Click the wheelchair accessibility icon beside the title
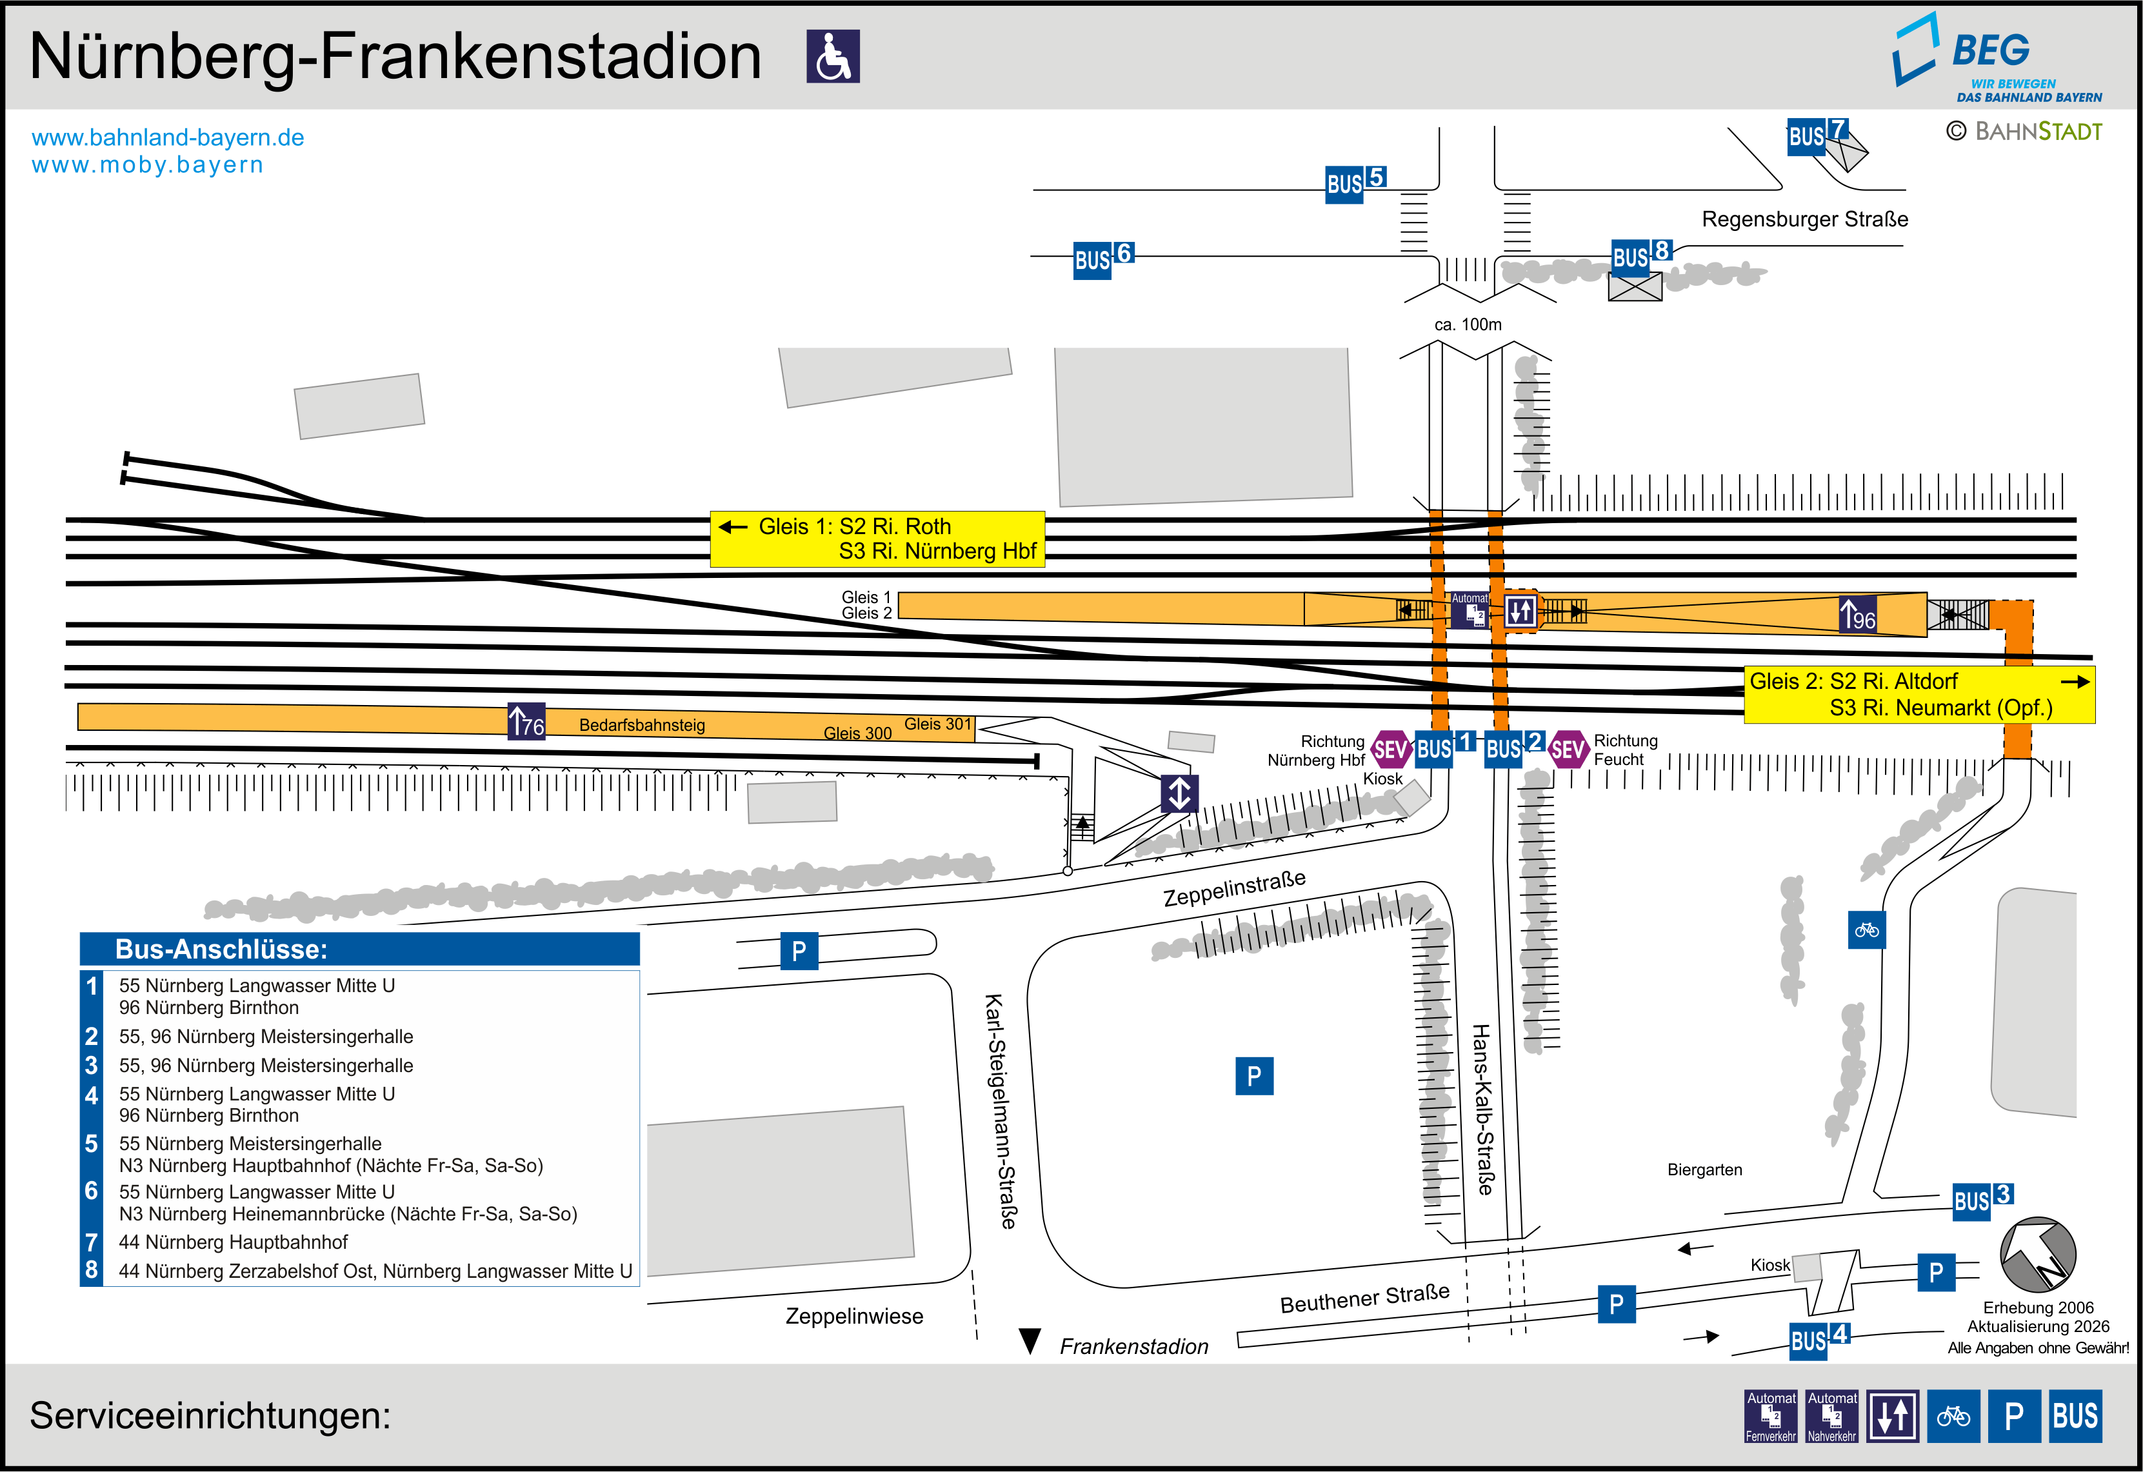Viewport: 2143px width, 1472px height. pos(833,56)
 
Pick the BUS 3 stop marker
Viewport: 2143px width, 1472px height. pos(1982,1200)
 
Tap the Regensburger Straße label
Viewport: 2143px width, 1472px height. pos(1804,219)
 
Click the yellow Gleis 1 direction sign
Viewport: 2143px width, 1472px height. pos(877,539)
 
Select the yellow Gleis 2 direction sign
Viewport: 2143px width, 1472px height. pos(1919,695)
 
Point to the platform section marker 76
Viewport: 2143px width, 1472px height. pos(526,721)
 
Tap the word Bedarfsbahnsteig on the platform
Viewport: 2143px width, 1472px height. pos(642,725)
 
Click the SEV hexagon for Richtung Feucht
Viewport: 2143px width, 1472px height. pos(1568,749)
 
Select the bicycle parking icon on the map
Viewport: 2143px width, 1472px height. pos(1866,930)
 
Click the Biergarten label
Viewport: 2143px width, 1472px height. pos(1704,1169)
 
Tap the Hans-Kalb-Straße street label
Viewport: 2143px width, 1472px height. pos(1483,1109)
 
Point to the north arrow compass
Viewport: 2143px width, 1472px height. pos(2038,1255)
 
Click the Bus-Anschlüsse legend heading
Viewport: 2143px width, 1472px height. pos(221,949)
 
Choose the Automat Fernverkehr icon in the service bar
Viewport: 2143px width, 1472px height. pos(1771,1416)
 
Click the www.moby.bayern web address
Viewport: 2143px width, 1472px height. pos(148,165)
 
